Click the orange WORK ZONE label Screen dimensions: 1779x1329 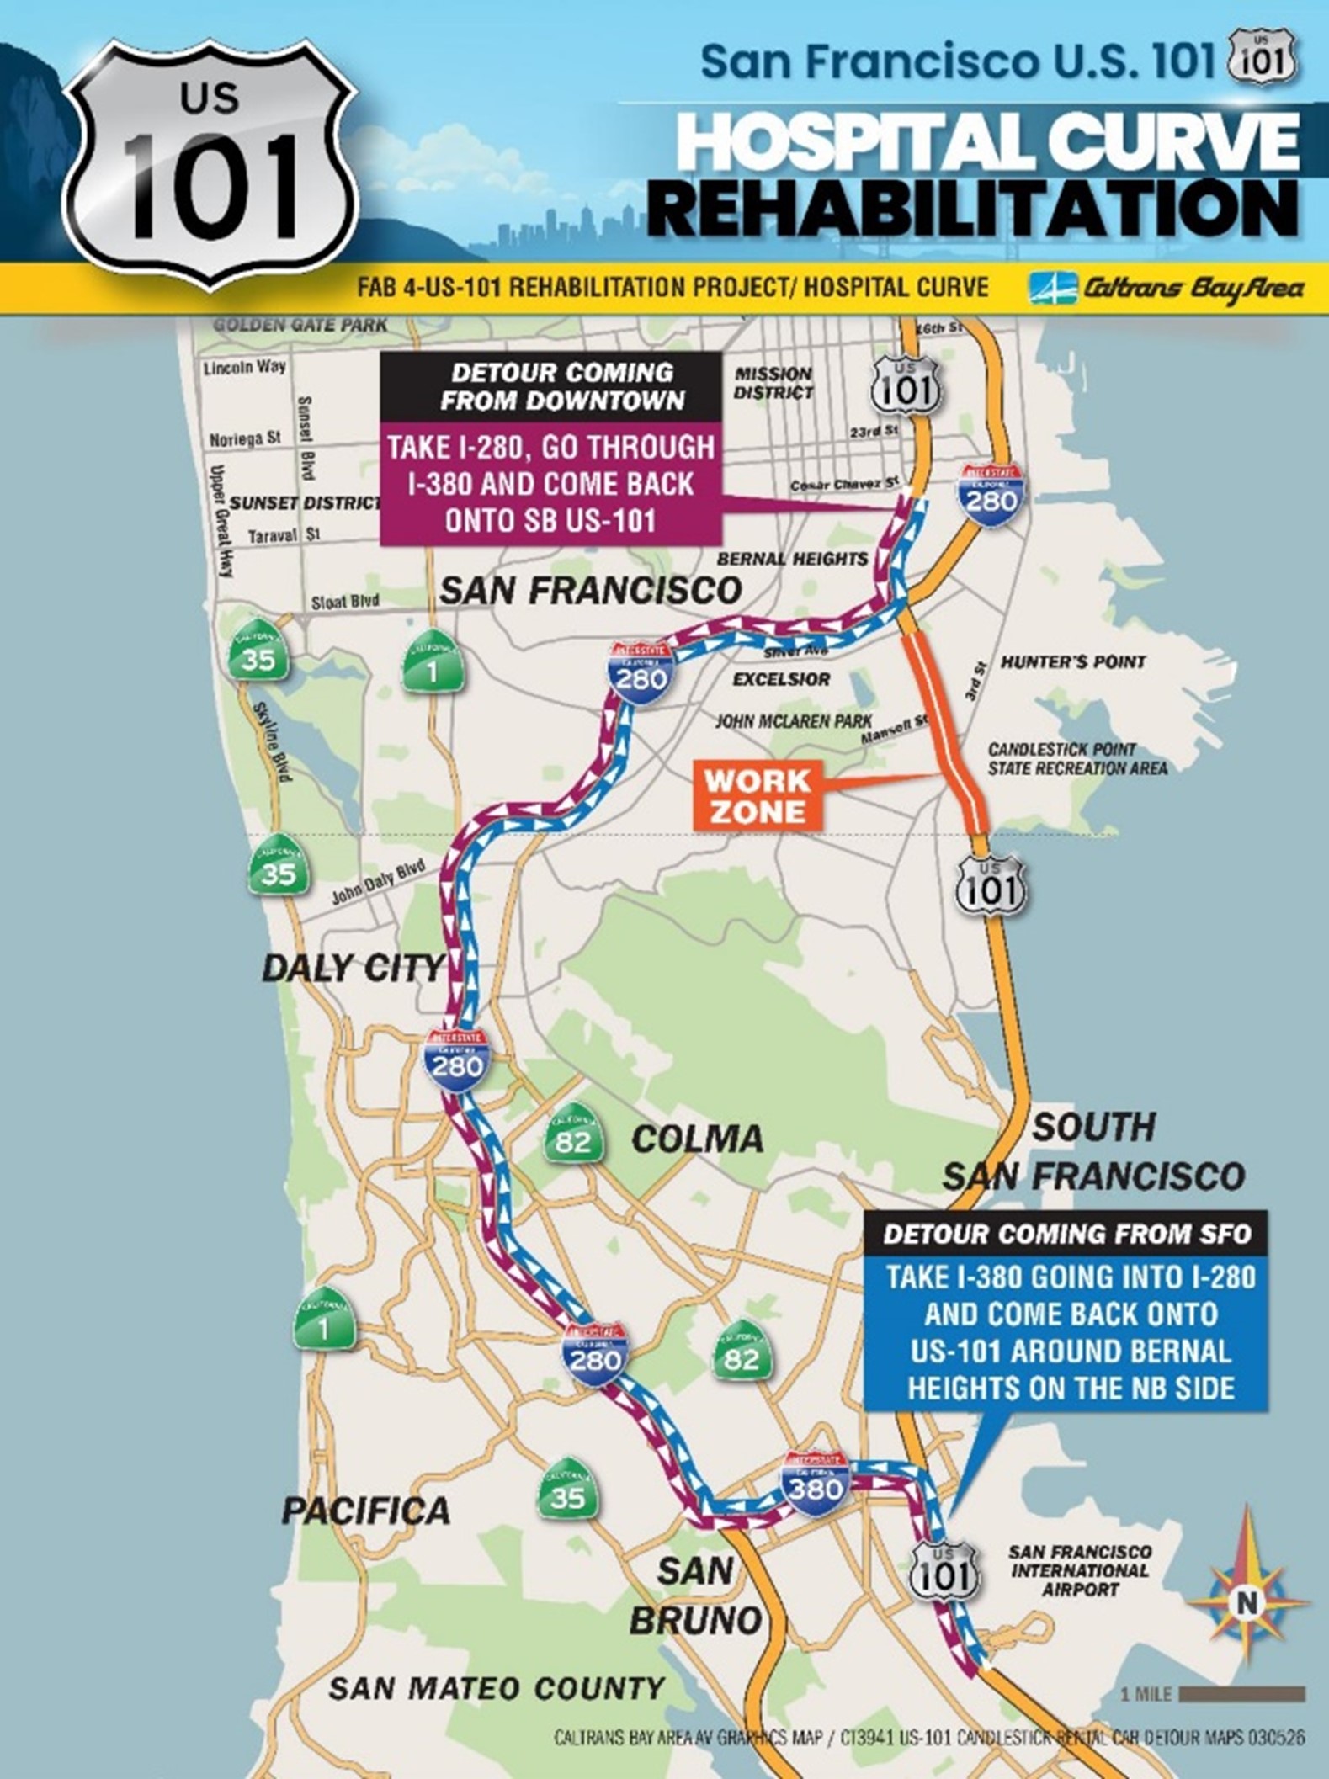coord(758,796)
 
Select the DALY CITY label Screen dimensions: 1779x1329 coord(352,968)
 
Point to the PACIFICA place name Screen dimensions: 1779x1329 coord(366,1511)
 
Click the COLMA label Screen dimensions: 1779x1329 coord(698,1139)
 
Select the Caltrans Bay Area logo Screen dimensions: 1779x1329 coord(1167,289)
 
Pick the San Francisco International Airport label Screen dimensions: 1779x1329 coord(1081,1570)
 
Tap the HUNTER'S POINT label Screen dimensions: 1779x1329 coord(1073,662)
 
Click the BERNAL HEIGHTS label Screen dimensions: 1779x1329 coord(792,559)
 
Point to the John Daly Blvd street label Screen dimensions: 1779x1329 coord(378,884)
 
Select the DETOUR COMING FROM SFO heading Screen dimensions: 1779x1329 coord(1067,1235)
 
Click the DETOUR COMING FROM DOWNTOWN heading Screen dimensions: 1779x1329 coord(562,386)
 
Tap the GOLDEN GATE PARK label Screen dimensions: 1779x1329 coord(300,324)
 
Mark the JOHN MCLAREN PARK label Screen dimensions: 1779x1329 coord(794,721)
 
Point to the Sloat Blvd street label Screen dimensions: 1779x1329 coord(345,603)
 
